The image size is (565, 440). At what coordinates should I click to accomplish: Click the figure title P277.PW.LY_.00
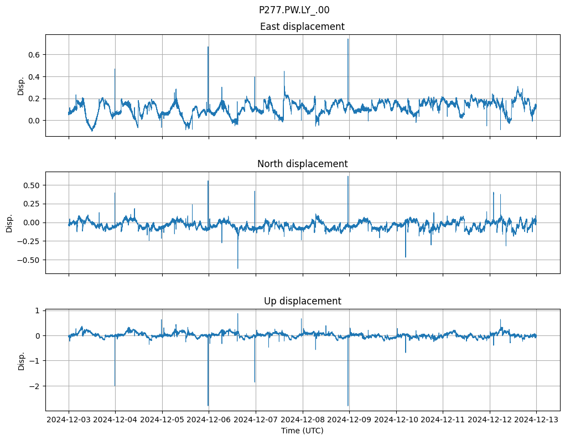coord(294,10)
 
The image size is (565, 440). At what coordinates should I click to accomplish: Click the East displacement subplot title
coord(302,27)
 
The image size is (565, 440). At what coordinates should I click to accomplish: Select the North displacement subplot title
coord(302,164)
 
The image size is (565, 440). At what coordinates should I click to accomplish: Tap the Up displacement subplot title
coord(302,301)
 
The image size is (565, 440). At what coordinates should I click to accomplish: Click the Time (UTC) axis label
coord(302,430)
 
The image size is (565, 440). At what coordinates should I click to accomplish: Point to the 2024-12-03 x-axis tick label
coord(69,420)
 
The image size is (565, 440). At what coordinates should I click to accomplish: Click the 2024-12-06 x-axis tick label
coord(209,420)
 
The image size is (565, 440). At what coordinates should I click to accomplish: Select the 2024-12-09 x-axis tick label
coord(349,420)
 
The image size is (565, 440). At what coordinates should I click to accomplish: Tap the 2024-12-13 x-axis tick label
coord(536,420)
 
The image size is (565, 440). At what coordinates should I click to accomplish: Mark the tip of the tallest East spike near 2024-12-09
coord(348,39)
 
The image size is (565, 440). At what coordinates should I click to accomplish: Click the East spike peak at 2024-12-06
coord(208,46)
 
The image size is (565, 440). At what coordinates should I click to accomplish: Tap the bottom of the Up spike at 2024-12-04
coord(115,385)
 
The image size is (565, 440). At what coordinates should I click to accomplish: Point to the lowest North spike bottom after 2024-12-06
coord(238,268)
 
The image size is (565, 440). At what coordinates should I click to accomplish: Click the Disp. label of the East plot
coord(21,85)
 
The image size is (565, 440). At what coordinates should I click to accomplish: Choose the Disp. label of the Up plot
coord(21,360)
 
